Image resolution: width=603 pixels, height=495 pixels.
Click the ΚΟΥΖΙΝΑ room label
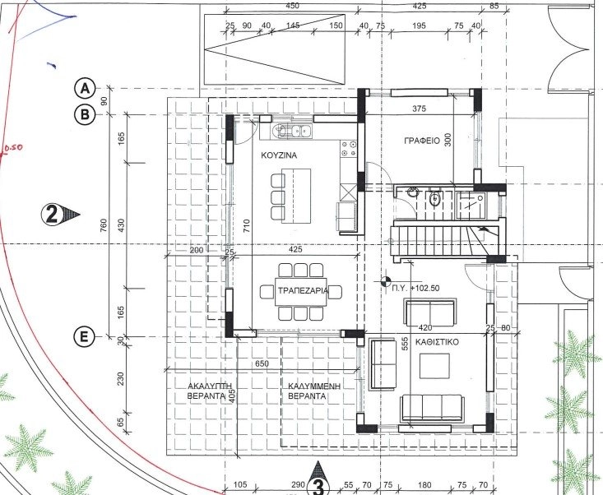pos(279,155)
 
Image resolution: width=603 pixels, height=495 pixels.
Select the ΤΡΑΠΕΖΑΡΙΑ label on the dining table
pos(303,290)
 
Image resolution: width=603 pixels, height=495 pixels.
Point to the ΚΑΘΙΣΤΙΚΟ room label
pos(438,342)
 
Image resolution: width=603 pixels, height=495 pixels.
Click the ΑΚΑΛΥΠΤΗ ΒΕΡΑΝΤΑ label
pos(206,391)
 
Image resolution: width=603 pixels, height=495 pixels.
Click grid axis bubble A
pos(84,89)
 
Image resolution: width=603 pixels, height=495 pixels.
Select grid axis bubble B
pos(84,114)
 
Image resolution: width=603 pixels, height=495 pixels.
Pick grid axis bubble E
pos(83,336)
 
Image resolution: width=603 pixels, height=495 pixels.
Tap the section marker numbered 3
pos(318,480)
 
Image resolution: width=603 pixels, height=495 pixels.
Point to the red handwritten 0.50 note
pos(12,147)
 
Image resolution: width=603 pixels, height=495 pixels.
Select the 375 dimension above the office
pos(419,109)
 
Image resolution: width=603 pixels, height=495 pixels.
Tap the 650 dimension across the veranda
pos(262,363)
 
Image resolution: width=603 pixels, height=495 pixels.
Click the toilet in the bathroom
pos(435,198)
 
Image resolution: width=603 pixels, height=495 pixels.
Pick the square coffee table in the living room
pos(434,366)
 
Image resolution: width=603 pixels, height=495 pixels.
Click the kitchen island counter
pos(296,196)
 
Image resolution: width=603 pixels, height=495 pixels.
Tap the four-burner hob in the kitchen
pos(349,149)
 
